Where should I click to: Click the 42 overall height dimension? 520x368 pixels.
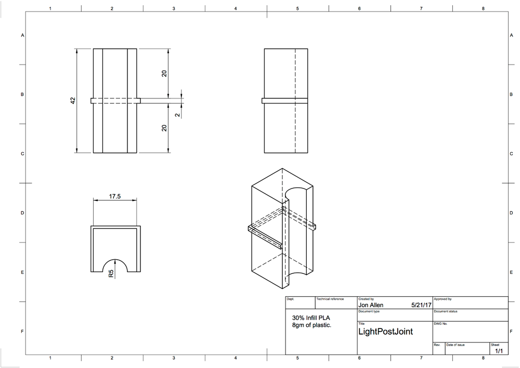(x=73, y=100)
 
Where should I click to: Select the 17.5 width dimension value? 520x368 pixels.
(x=115, y=197)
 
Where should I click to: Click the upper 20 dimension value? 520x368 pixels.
(x=164, y=73)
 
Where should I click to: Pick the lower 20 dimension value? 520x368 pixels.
(x=164, y=128)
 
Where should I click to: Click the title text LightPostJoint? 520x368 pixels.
(x=386, y=332)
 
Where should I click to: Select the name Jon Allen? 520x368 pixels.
(x=371, y=306)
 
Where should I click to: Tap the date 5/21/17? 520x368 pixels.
(x=421, y=306)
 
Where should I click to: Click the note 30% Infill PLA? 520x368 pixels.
(x=311, y=318)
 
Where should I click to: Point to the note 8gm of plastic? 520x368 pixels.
(x=312, y=325)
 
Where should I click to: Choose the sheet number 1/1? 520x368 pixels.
(x=498, y=351)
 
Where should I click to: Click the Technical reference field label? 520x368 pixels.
(x=330, y=299)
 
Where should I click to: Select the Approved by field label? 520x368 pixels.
(x=443, y=299)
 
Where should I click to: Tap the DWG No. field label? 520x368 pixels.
(x=440, y=323)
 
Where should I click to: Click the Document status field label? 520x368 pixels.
(x=446, y=311)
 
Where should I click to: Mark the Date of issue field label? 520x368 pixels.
(x=456, y=345)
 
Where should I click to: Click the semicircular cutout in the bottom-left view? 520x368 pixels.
(x=115, y=264)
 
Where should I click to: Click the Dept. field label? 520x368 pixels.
(x=290, y=299)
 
